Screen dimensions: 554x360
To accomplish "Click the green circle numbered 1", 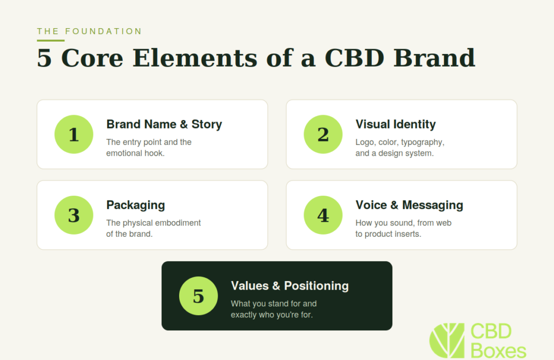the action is (x=74, y=134).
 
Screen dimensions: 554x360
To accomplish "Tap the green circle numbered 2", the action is (x=323, y=134).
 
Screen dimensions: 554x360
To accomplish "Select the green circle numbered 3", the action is (x=74, y=215).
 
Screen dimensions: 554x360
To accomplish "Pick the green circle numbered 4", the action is (x=323, y=215).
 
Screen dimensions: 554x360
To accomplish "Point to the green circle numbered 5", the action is (x=198, y=296).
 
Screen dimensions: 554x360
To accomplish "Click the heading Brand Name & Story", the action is (x=164, y=124).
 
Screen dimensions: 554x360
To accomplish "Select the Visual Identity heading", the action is (x=395, y=124).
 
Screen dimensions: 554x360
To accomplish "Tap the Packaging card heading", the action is (x=136, y=205).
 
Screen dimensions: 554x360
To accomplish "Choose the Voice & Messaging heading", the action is (x=409, y=205).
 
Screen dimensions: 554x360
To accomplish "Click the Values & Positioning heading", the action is (x=290, y=286).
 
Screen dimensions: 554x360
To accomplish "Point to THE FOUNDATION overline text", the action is (x=89, y=31).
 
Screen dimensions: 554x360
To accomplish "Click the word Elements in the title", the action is (x=195, y=58).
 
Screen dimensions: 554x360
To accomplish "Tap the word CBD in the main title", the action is (x=354, y=58).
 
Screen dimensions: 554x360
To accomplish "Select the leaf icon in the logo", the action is (x=447, y=340).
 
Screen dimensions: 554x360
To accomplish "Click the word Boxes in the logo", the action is (x=498, y=351).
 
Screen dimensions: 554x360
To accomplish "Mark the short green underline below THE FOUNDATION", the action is (x=50, y=41).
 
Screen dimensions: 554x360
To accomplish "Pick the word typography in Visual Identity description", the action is (x=423, y=143).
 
